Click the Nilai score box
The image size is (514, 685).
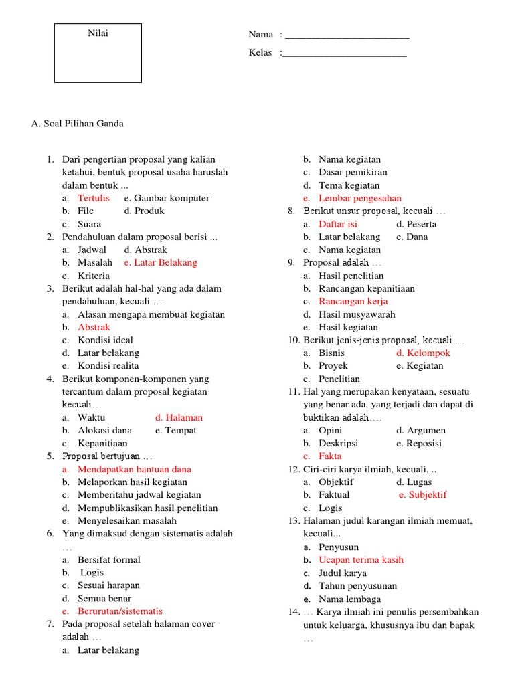[x=98, y=53]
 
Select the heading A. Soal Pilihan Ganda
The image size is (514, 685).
[x=78, y=124]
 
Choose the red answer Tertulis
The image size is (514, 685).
[x=94, y=198]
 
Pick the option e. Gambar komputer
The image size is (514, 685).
[x=167, y=198]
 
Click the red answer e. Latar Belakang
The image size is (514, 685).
[x=161, y=262]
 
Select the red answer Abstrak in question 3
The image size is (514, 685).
[x=94, y=327]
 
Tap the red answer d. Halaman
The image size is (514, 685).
[x=179, y=417]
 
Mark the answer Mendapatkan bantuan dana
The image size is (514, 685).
[x=135, y=469]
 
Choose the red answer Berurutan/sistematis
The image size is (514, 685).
[x=120, y=611]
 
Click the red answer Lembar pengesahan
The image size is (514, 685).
[x=360, y=198]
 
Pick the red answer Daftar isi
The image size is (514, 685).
[x=338, y=224]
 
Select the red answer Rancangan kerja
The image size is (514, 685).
[x=353, y=301]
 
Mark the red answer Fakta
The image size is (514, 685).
[x=330, y=456]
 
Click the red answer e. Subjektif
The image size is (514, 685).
[x=422, y=494]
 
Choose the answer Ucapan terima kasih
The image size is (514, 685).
[x=361, y=559]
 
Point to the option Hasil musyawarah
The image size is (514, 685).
[x=357, y=314]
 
